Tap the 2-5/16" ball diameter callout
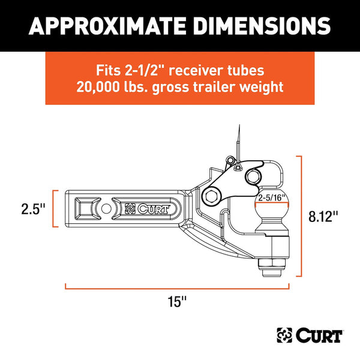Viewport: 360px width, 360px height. (x=269, y=196)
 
